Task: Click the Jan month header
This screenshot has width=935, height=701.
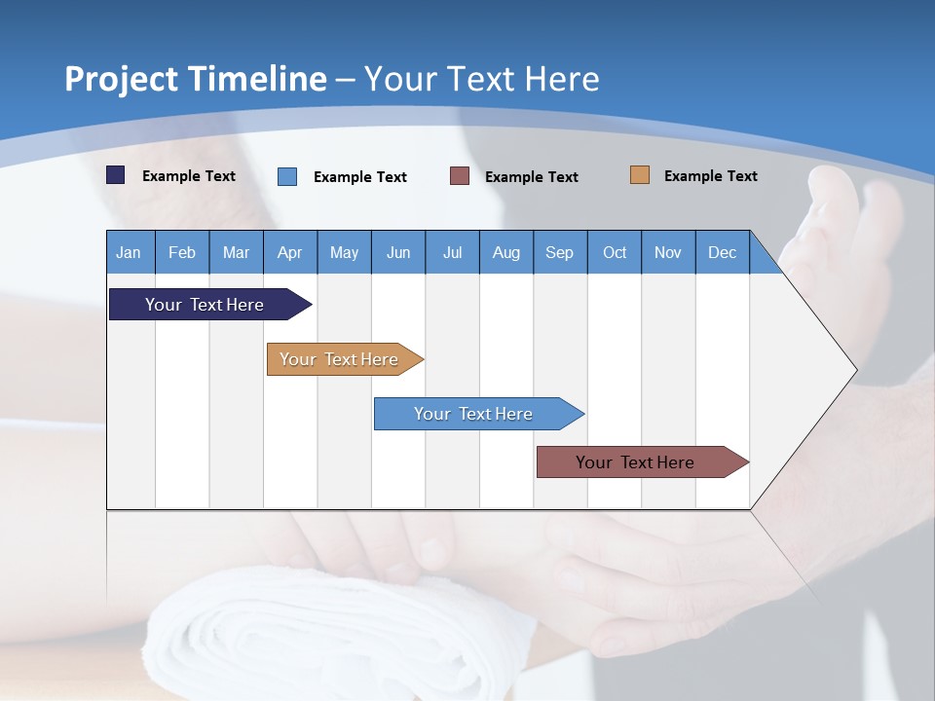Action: [x=129, y=253]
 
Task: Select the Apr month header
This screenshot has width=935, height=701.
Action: [x=289, y=253]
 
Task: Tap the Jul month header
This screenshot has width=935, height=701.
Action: [x=452, y=253]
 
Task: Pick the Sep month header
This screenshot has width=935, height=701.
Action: [x=559, y=253]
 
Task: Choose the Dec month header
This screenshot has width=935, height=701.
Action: [x=722, y=253]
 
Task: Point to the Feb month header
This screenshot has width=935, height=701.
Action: [x=182, y=253]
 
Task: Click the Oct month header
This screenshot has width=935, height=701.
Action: [x=615, y=253]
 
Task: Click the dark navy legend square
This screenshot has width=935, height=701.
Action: [x=116, y=175]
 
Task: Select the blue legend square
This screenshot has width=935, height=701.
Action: [x=287, y=176]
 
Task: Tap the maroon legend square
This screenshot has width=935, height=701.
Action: [x=460, y=176]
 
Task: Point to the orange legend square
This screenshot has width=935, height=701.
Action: [x=639, y=175]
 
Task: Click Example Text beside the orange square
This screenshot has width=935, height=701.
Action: [x=710, y=176]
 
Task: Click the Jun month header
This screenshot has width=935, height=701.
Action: [x=398, y=253]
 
